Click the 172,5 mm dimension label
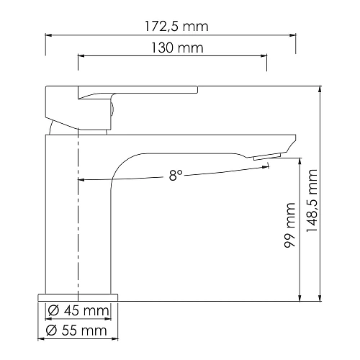(x=176, y=27)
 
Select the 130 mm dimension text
(x=177, y=48)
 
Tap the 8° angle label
(x=176, y=176)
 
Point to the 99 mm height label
(x=289, y=225)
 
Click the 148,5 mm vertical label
(x=312, y=200)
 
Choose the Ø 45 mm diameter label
(x=78, y=311)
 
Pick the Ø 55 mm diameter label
(x=76, y=330)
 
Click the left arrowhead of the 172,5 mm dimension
(x=49, y=35)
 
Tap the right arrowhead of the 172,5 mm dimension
(x=292, y=35)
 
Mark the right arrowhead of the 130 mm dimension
(x=264, y=56)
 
